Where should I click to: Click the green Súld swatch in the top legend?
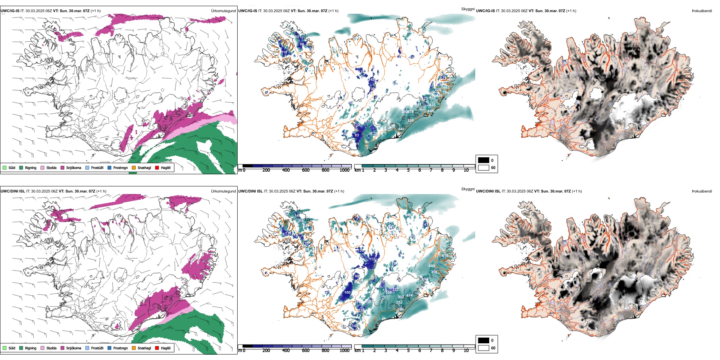coord(5,167)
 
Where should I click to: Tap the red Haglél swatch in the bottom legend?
coord(157,348)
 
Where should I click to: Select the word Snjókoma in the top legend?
coord(74,167)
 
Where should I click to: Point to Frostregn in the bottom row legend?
coord(120,348)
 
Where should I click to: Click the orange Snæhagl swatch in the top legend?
coord(134,167)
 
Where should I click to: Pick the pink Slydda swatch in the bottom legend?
coord(42,348)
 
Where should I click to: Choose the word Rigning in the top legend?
coord(31,167)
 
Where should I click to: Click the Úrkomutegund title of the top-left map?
coord(223,11)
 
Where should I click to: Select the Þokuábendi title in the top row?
coord(702,11)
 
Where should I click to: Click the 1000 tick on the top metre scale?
coord(344,170)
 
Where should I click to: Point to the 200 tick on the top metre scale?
coord(266,170)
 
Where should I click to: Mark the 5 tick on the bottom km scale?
coord(408,351)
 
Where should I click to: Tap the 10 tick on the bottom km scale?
coord(466,351)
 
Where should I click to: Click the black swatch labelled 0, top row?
coord(484,160)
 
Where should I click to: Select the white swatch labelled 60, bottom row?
coord(484,348)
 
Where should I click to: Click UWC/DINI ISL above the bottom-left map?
coord(13,191)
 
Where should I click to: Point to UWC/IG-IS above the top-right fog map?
coord(485,11)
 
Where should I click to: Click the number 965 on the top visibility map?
coord(446,88)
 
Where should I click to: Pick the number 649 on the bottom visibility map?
coord(432,266)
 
